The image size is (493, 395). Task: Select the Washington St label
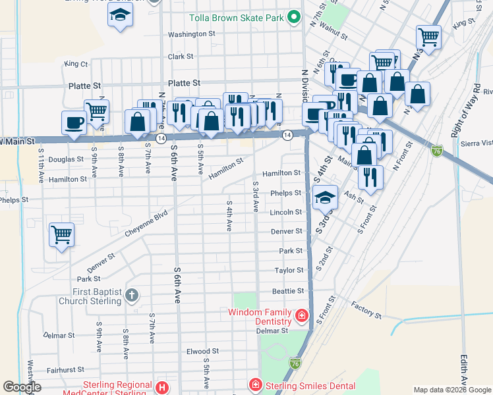pyautogui.click(x=192, y=34)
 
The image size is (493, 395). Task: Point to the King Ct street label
pyautogui.click(x=76, y=64)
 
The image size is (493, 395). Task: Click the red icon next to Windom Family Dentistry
pyautogui.click(x=301, y=315)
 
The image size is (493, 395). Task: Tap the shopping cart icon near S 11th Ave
pyautogui.click(x=61, y=234)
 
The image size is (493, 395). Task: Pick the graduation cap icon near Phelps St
pyautogui.click(x=324, y=197)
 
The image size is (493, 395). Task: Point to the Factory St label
pyautogui.click(x=366, y=309)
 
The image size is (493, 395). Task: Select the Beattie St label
pyautogui.click(x=288, y=290)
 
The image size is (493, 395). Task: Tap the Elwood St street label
pyautogui.click(x=202, y=352)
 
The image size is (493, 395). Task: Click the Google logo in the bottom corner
pyautogui.click(x=22, y=387)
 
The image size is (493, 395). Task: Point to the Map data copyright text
pyautogui.click(x=451, y=390)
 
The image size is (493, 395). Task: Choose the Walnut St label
pyautogui.click(x=333, y=30)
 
